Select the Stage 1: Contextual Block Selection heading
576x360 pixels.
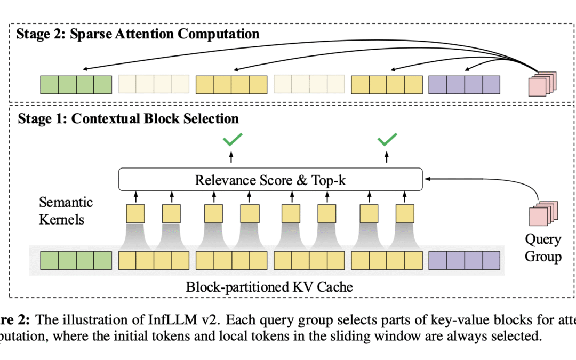pos(129,118)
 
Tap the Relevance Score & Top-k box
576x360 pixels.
pos(270,180)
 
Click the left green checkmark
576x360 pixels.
pos(233,140)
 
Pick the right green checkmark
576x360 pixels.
pos(388,140)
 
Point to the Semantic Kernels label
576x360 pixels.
pos(66,211)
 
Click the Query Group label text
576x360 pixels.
pos(543,247)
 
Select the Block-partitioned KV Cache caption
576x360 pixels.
pos(269,287)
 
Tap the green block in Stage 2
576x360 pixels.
pos(76,84)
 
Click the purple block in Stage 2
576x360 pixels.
pos(465,84)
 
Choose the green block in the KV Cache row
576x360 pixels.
pos(76,260)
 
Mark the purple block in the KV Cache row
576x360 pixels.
pos(465,260)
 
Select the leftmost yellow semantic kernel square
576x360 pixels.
pos(135,214)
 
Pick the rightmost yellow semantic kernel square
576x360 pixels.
pos(405,214)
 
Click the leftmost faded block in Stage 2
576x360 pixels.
pos(154,84)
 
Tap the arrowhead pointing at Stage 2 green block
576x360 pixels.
pos(84,69)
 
